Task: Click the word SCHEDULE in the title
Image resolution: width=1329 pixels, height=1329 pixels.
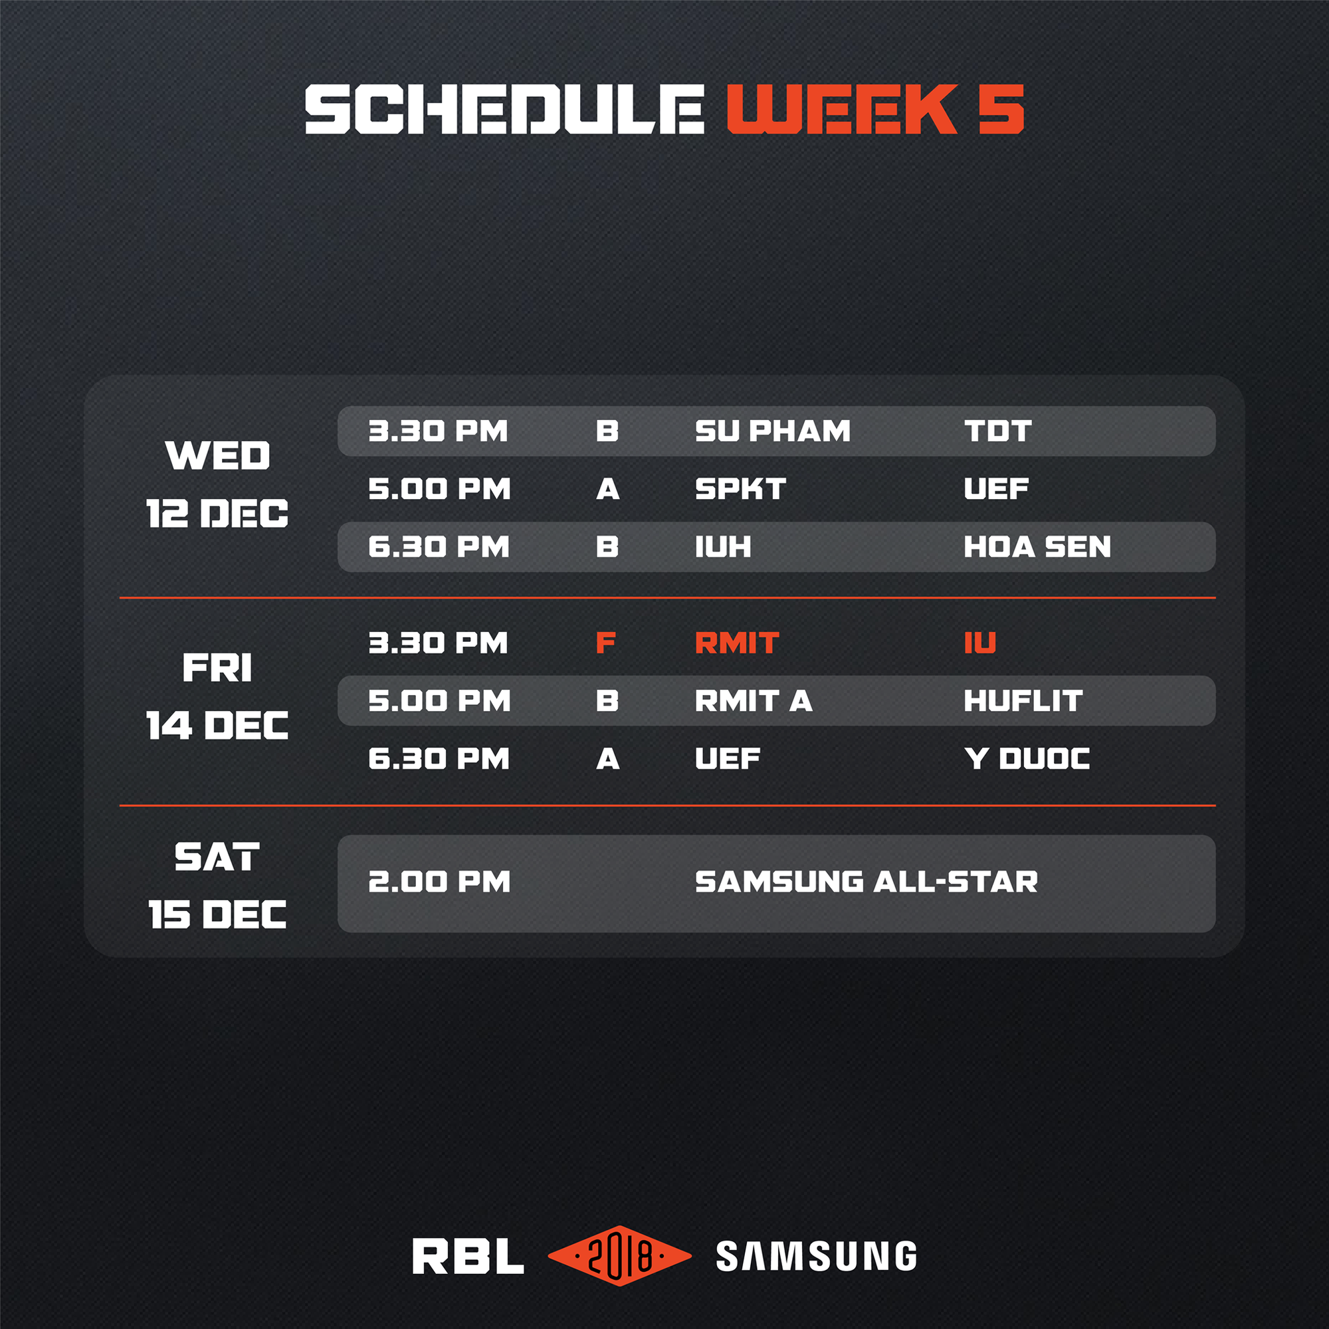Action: [x=504, y=110]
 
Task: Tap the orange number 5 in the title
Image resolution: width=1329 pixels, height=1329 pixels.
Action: [x=1001, y=110]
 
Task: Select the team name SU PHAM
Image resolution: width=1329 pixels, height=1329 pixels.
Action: [x=773, y=431]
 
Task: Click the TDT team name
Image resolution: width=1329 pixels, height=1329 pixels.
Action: [x=997, y=431]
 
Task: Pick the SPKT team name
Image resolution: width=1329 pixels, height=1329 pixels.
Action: [x=740, y=489]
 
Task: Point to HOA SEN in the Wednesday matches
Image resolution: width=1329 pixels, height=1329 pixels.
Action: [x=1037, y=547]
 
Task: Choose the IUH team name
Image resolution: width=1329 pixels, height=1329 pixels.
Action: [x=723, y=547]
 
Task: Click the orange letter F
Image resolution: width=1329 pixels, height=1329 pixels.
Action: [x=605, y=643]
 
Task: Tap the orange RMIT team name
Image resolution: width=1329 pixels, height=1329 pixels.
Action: [x=737, y=643]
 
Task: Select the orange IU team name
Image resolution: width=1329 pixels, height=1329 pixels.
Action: [x=979, y=643]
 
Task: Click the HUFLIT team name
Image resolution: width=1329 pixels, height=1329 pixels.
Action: [x=1023, y=701]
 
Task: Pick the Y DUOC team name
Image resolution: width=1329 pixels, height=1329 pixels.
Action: [x=1027, y=759]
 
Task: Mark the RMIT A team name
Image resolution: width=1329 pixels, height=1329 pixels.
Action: [x=754, y=701]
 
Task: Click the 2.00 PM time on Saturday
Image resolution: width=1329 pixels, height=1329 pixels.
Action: [x=439, y=882]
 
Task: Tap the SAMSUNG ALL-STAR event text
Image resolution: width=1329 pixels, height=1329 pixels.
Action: [x=866, y=882]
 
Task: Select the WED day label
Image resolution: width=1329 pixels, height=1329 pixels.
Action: [x=217, y=455]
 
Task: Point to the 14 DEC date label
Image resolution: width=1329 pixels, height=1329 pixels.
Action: [x=217, y=726]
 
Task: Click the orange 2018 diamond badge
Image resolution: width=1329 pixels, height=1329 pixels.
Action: [x=620, y=1256]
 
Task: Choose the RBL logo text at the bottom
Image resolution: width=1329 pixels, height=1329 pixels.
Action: [x=468, y=1256]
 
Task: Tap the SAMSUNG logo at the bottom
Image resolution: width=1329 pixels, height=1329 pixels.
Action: [x=817, y=1256]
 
